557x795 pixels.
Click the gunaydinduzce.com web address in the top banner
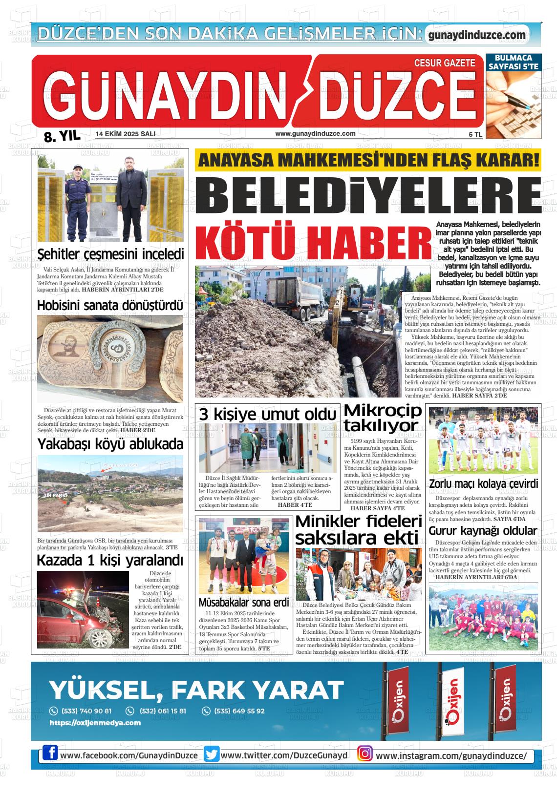click(x=476, y=35)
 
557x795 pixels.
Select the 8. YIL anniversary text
click(x=62, y=136)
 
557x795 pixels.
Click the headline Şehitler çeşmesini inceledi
click(x=111, y=254)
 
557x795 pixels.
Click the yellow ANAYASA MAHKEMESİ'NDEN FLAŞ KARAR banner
click(x=367, y=160)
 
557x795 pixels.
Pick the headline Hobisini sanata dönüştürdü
click(x=110, y=306)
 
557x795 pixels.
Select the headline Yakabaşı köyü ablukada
click(x=110, y=444)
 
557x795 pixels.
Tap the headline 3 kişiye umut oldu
click(x=268, y=415)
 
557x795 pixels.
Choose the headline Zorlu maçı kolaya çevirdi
click(x=483, y=484)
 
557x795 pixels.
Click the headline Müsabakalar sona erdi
click(x=244, y=602)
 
